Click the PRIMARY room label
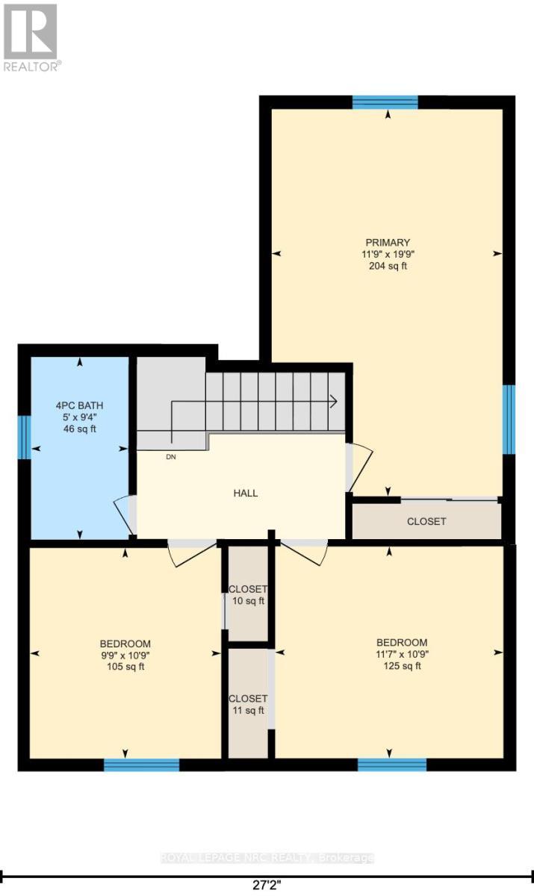(388, 242)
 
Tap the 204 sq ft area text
(388, 266)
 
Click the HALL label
(245, 493)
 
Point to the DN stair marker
(172, 457)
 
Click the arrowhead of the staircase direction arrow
(333, 401)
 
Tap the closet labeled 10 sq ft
(247, 594)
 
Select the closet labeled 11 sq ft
(247, 704)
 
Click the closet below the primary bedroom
(426, 521)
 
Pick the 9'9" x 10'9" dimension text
(125, 656)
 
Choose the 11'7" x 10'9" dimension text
(402, 654)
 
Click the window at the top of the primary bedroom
(385, 102)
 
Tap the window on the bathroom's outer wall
(24, 438)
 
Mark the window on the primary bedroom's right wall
(509, 419)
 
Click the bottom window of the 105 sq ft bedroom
(141, 764)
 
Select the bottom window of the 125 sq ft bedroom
(392, 764)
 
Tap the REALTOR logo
(31, 37)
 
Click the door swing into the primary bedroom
(356, 467)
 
